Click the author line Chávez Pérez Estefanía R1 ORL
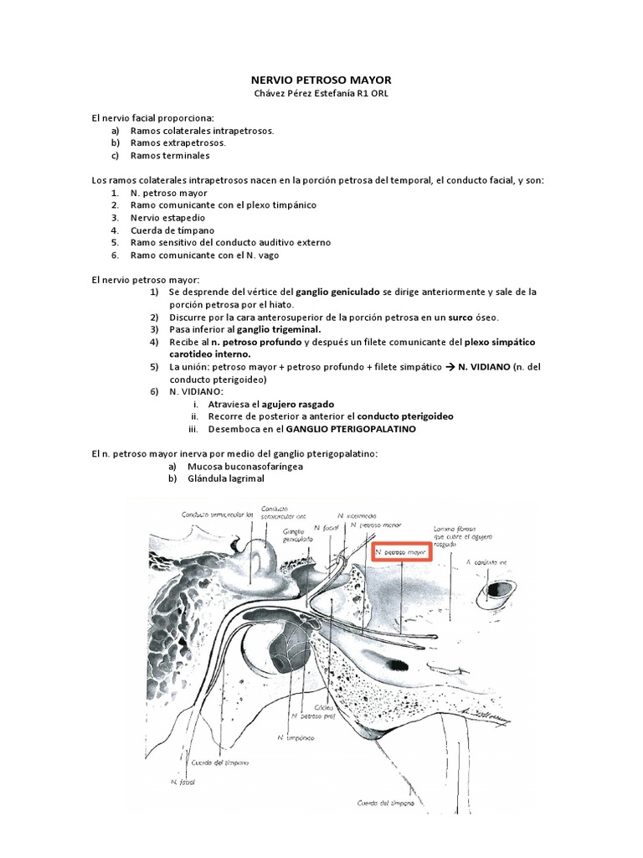pos(321,93)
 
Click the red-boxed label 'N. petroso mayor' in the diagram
pos(401,553)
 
